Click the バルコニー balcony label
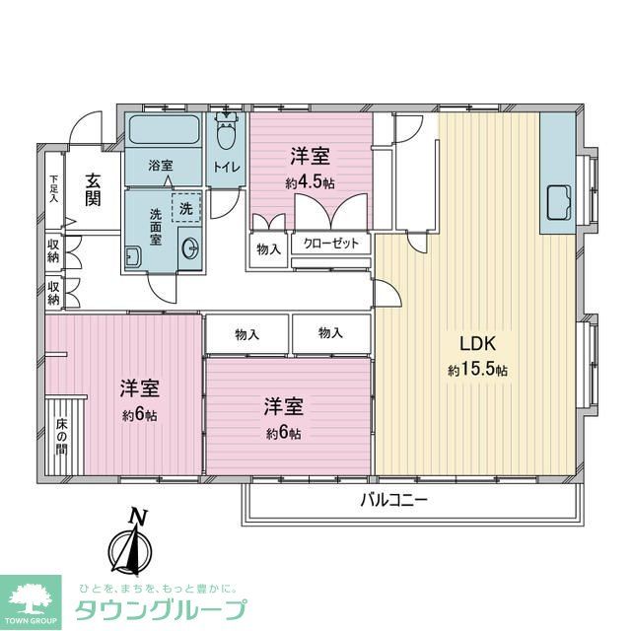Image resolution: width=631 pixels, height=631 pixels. click(392, 500)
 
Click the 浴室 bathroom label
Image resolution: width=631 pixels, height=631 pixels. click(161, 163)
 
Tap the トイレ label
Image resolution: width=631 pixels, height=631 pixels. click(228, 168)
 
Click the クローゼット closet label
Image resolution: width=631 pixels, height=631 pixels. click(331, 244)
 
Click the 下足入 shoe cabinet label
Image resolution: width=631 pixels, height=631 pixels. click(55, 188)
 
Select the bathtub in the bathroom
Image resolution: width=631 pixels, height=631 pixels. click(163, 129)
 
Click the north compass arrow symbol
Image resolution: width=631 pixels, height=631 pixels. click(128, 550)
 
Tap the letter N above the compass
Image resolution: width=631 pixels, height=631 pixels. click(138, 516)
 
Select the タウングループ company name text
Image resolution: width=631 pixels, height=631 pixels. click(161, 609)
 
